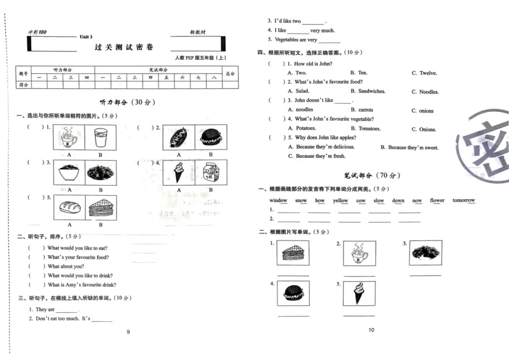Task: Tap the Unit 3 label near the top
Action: (86, 37)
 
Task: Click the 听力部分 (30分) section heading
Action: (127, 102)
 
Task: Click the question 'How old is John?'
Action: (313, 64)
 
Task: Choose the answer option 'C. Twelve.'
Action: (424, 73)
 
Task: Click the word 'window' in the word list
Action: (278, 200)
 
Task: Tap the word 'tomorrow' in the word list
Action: (464, 200)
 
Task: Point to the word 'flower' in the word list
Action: (437, 200)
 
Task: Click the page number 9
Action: (128, 331)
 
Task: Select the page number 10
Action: (372, 329)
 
